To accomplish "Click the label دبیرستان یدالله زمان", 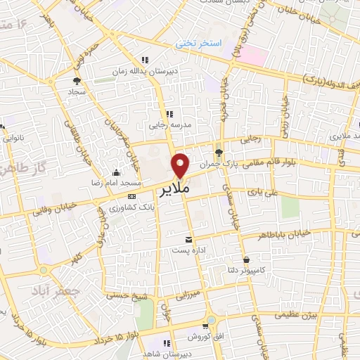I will (145, 72).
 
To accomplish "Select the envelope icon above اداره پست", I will (187, 238).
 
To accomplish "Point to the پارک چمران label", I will (214, 162).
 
